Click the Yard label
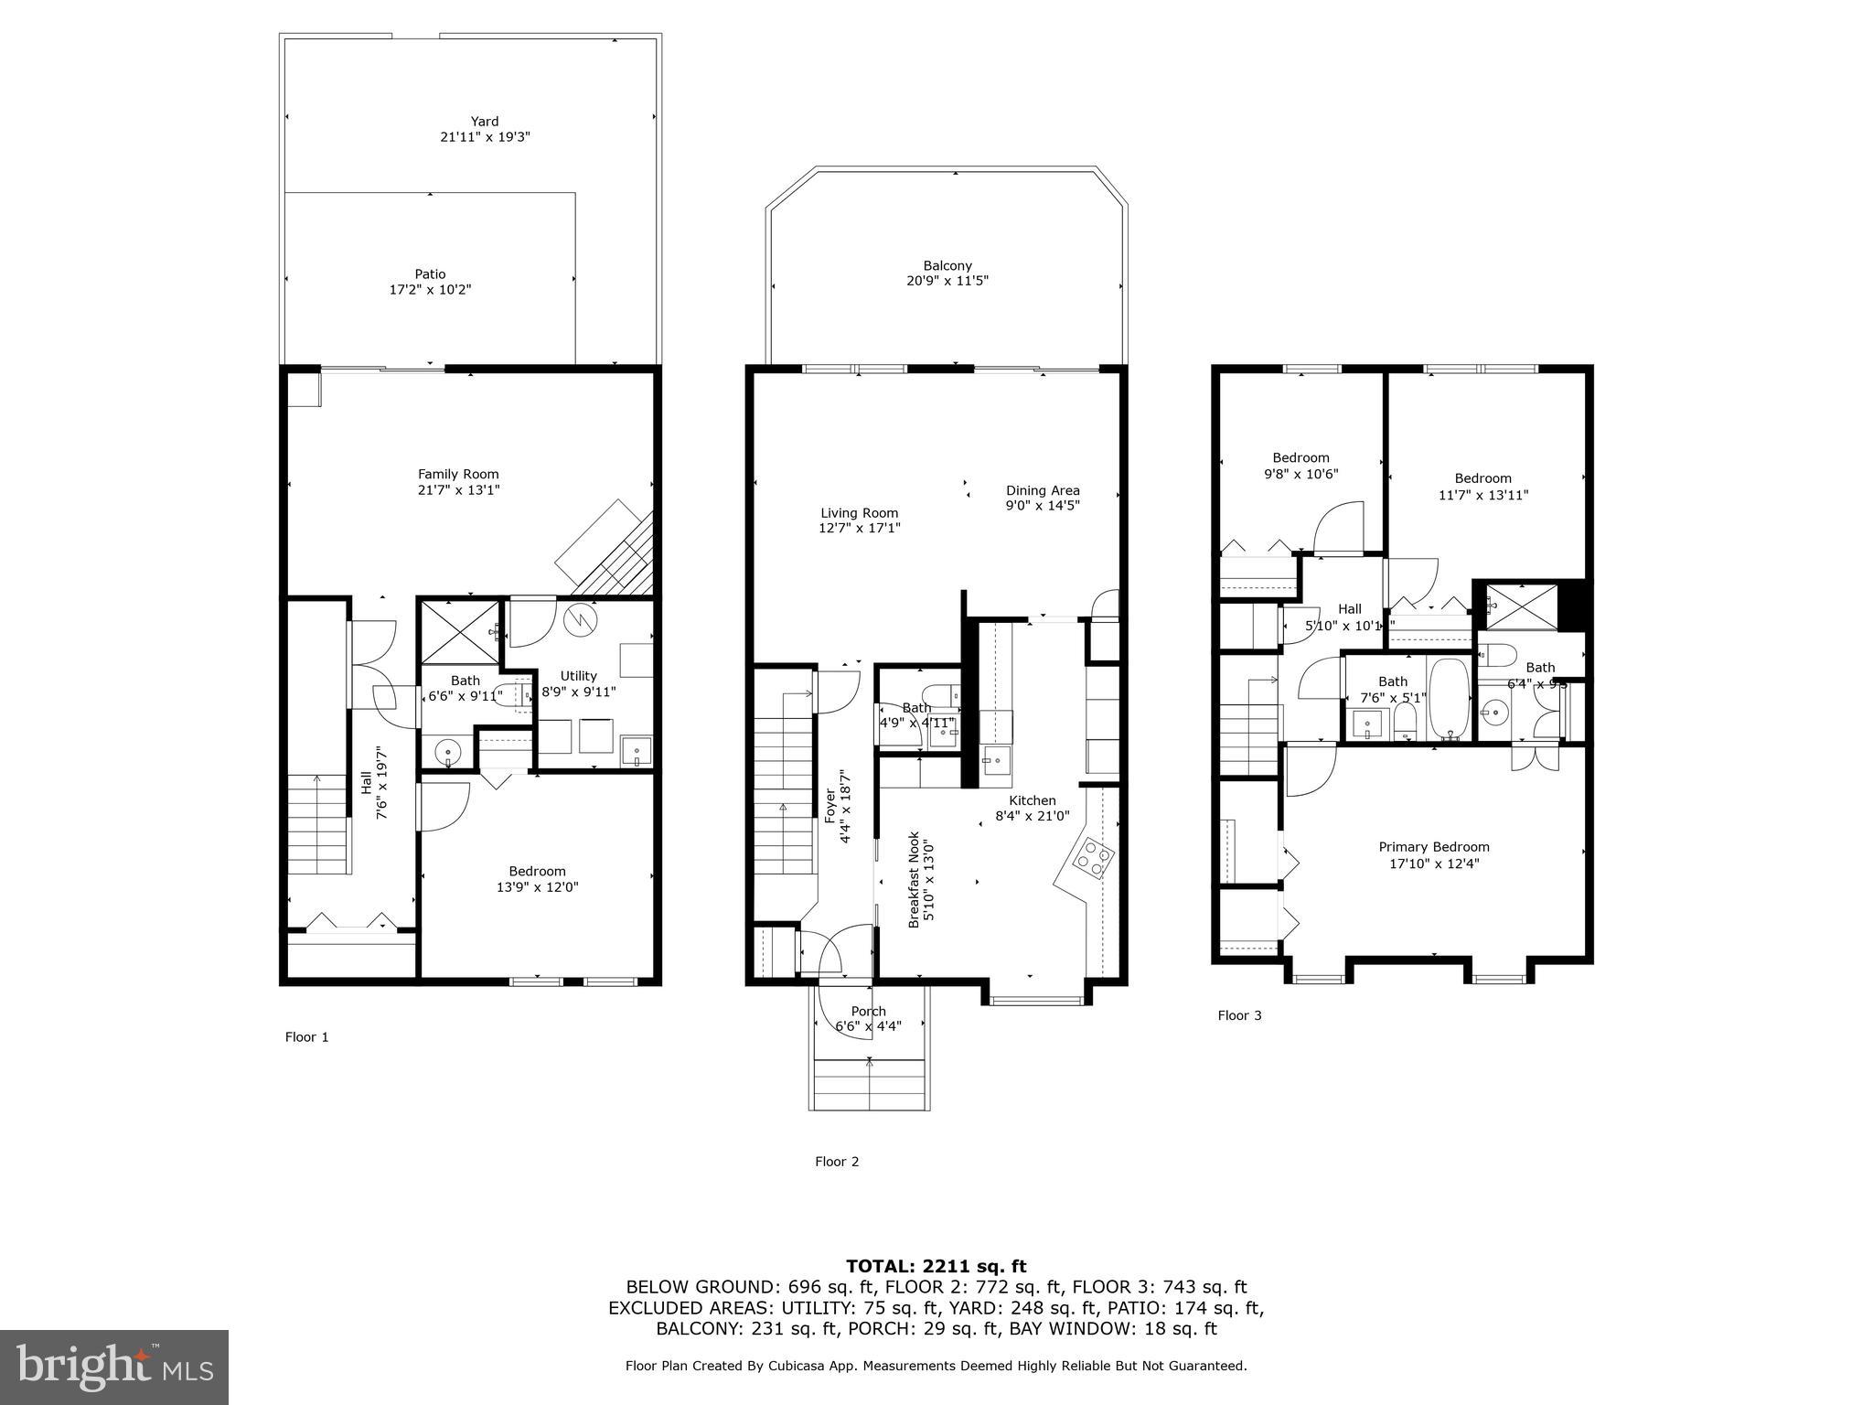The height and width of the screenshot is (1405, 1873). [x=485, y=121]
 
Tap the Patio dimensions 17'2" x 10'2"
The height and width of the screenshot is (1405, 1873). [x=430, y=290]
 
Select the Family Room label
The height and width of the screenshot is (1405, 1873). [x=458, y=474]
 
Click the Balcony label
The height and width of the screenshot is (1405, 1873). [x=947, y=265]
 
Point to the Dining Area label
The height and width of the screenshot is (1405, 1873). [x=1043, y=490]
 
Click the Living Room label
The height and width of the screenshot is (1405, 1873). [x=859, y=513]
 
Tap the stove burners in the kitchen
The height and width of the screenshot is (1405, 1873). [x=1094, y=856]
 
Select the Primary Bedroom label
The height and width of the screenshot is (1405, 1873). [x=1433, y=847]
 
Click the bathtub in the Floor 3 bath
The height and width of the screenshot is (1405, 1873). [x=1449, y=699]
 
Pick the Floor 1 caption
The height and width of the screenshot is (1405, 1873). [x=306, y=1036]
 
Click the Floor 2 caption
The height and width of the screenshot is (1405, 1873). [x=837, y=1162]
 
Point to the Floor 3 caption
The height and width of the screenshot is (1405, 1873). [x=1239, y=1015]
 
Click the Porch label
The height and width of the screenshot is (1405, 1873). [x=868, y=1011]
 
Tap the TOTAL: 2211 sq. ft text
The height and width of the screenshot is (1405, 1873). [x=936, y=1266]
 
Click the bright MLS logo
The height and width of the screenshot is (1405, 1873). [x=114, y=1367]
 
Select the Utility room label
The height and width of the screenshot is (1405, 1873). [x=578, y=676]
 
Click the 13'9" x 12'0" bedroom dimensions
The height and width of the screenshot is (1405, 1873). [x=537, y=886]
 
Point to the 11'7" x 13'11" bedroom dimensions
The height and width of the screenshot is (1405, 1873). [x=1482, y=495]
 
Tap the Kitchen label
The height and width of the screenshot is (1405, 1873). [x=1032, y=800]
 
